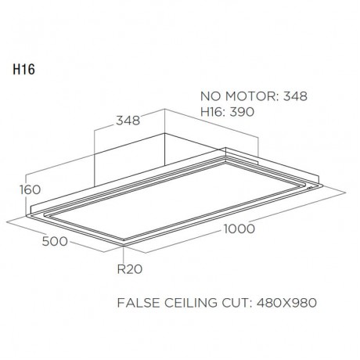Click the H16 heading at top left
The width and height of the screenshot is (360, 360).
[x=23, y=68]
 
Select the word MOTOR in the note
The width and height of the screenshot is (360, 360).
[x=250, y=97]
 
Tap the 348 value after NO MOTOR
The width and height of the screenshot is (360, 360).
[x=295, y=97]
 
